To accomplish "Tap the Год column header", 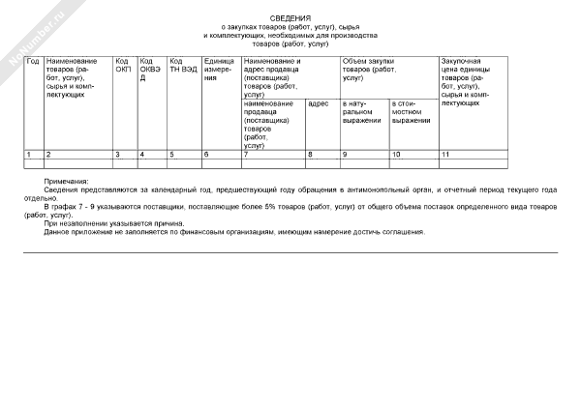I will click(x=32, y=61).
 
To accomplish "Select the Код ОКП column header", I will click(x=123, y=66).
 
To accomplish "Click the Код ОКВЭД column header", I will click(x=149, y=70).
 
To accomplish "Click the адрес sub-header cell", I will click(x=319, y=102).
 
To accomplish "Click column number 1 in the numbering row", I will click(x=28, y=155).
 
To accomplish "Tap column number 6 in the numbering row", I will click(x=206, y=155).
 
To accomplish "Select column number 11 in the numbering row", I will click(x=445, y=155).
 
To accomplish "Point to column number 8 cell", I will click(x=310, y=155).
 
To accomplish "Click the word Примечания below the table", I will click(x=66, y=182).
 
